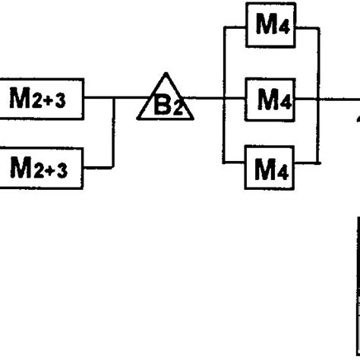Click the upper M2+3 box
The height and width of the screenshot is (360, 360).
pyautogui.click(x=42, y=98)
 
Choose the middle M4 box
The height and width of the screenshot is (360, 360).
pyautogui.click(x=270, y=98)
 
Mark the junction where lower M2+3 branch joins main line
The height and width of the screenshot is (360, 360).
pyautogui.click(x=115, y=98)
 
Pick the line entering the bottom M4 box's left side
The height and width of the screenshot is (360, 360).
pyautogui.click(x=235, y=161)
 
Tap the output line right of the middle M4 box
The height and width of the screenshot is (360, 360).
pyautogui.click(x=334, y=98)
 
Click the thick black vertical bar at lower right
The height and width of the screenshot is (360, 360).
pyautogui.click(x=357, y=289)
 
